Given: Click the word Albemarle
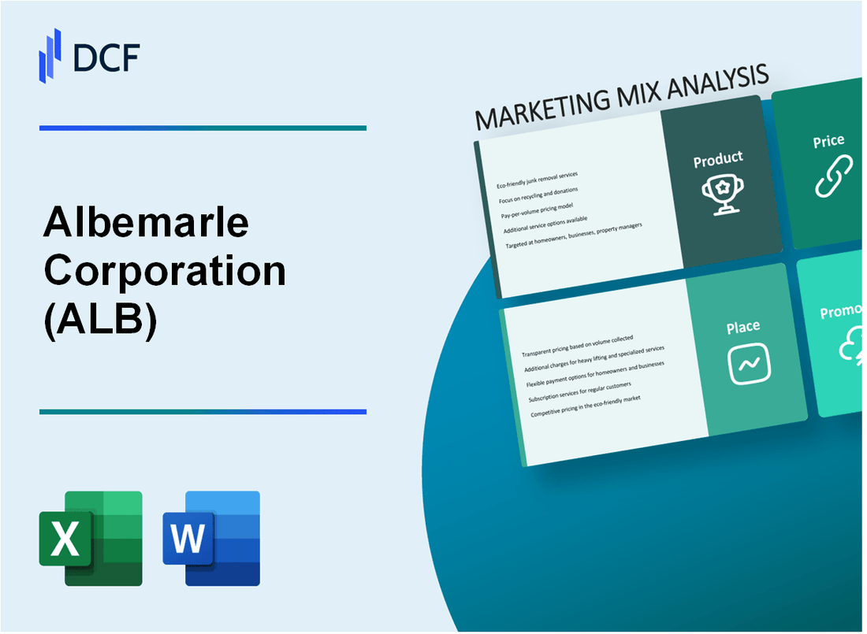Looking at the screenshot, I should click(x=147, y=224).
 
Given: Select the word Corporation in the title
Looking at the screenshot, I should click(x=165, y=272).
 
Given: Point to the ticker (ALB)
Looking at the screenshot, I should click(x=101, y=319).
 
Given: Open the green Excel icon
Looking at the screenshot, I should click(x=91, y=538).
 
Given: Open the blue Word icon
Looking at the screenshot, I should click(x=211, y=538).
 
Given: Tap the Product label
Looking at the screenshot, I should click(x=717, y=160).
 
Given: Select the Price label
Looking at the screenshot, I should click(x=828, y=142).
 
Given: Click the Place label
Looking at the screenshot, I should click(x=743, y=326).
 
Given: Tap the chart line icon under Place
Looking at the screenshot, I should click(x=748, y=365).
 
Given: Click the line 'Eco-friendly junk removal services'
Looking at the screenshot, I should click(x=537, y=180).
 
